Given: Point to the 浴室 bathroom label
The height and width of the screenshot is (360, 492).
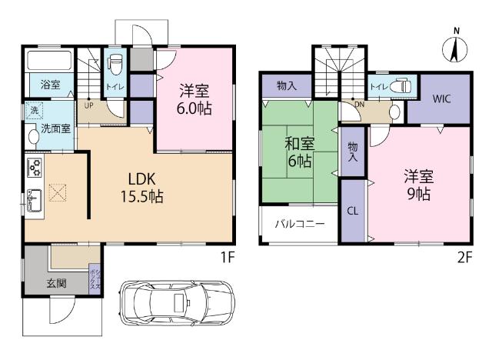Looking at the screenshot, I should click(x=41, y=85).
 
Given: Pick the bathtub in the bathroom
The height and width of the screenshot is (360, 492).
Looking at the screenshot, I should click(x=49, y=60).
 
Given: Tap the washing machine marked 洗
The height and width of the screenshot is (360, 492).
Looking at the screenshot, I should click(x=33, y=111).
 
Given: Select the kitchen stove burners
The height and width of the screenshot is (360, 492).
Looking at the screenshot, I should click(x=35, y=166).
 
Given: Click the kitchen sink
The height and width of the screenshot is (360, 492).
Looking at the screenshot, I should click(x=35, y=200).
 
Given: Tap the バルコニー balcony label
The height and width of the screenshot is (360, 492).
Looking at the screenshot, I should click(x=299, y=224).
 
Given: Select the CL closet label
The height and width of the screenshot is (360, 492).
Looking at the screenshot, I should click(x=353, y=210).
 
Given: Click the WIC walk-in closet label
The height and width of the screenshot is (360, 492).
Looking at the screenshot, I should click(x=441, y=99).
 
